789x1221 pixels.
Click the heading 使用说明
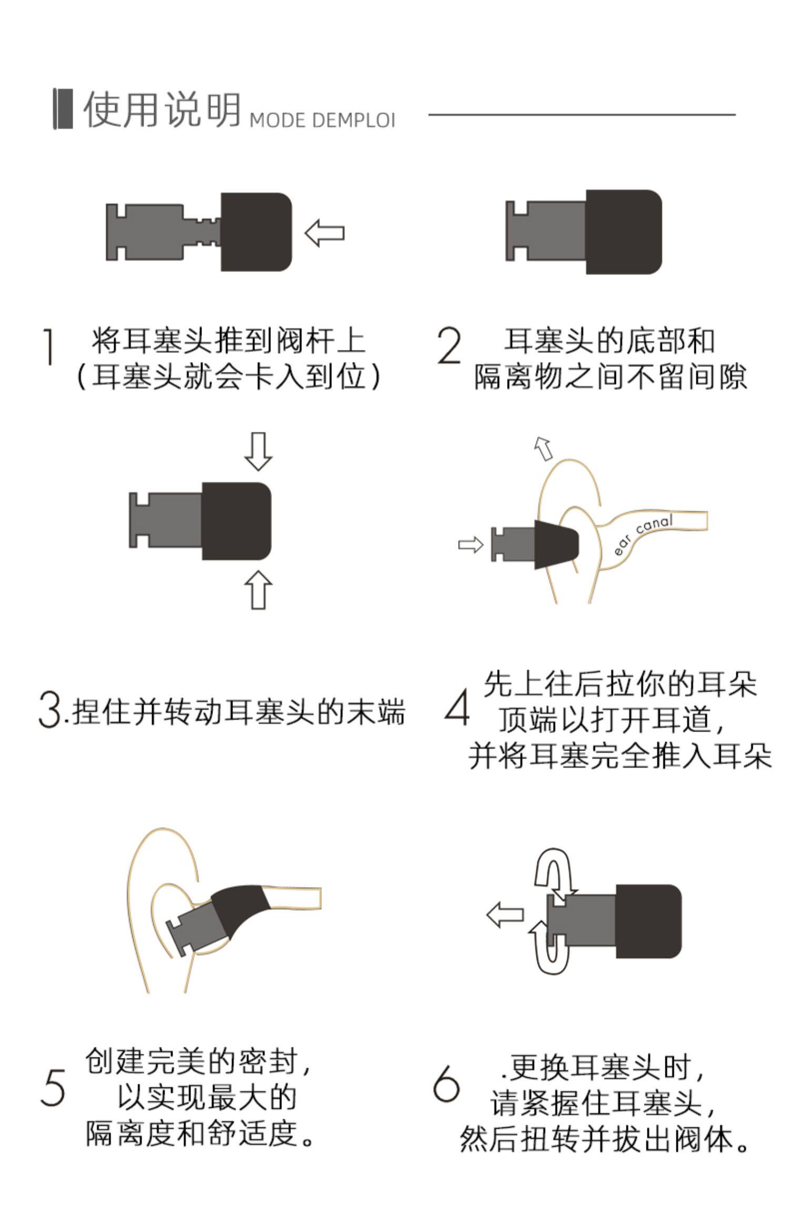(161, 109)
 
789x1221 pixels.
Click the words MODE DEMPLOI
(322, 120)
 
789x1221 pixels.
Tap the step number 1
(49, 347)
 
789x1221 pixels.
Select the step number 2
(449, 345)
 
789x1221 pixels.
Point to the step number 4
(457, 707)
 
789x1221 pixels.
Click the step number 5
(53, 1087)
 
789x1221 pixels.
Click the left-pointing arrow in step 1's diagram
(325, 233)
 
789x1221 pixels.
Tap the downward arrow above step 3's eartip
(258, 451)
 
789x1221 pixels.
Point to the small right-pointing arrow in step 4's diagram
(470, 545)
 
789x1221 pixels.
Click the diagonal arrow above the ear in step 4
(543, 449)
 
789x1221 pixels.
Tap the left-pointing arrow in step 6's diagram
(505, 914)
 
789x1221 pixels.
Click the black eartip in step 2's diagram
(624, 232)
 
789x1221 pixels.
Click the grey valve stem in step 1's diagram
(163, 232)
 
